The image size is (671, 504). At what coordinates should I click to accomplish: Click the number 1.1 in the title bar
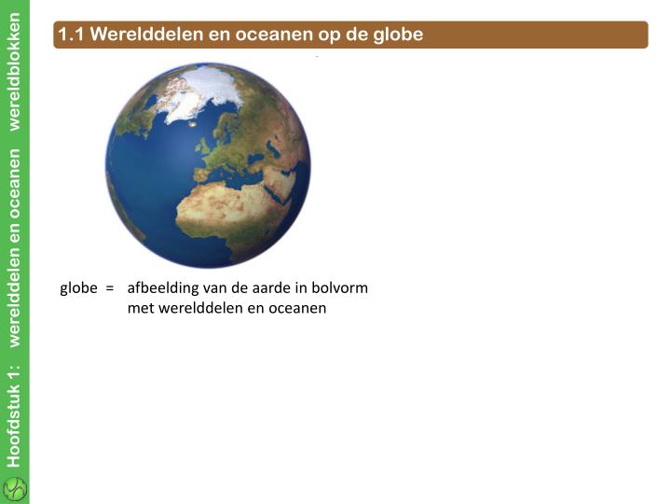pos(71,35)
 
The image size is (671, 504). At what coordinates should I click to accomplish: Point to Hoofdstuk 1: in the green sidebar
pos(14,415)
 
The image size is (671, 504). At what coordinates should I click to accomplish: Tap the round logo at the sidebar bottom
pos(15,488)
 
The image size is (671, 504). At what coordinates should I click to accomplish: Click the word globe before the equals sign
pos(78,287)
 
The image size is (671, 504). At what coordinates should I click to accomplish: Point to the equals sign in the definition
pos(109,287)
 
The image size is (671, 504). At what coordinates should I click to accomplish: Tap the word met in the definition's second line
pos(140,307)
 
